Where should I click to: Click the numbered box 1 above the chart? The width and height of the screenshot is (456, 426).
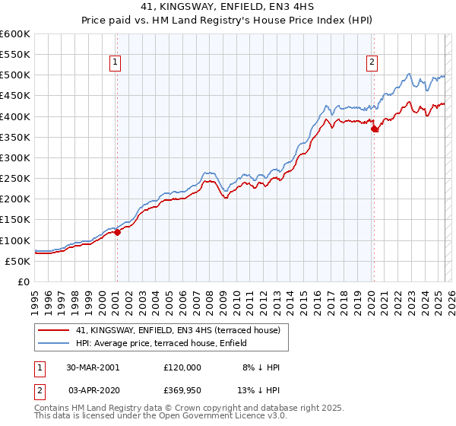[x=116, y=63]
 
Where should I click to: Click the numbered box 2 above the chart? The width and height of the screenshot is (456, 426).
[x=372, y=63]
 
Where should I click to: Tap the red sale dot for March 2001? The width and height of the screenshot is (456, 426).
[x=117, y=232]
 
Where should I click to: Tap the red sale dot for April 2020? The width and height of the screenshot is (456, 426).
[x=374, y=129]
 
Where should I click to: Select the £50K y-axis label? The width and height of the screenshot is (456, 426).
[x=19, y=261]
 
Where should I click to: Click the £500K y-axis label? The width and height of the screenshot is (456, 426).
[x=16, y=75]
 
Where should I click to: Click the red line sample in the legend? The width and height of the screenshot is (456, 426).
[x=53, y=330]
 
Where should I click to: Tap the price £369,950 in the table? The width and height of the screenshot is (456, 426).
[x=182, y=389]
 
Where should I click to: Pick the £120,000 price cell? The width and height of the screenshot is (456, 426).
[x=182, y=367]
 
